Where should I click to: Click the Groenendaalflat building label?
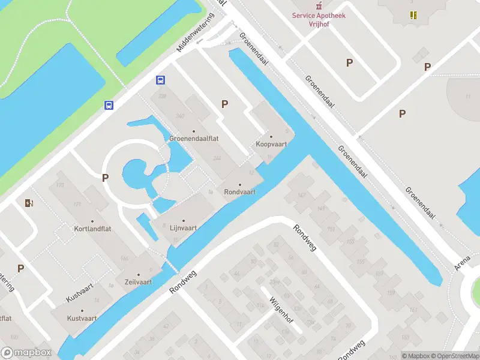pos(193,138)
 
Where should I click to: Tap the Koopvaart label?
pos(271,144)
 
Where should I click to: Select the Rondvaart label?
pos(240,192)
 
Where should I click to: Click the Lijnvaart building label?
pos(184,228)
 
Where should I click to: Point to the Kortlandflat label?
pos(92,229)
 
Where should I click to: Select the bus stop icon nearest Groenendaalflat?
pos(161,80)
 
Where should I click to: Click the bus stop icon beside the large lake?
pos(109,105)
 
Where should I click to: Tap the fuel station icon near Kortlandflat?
pos(29,203)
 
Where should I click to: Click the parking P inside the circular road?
pos(105,178)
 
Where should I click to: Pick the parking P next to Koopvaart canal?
pos(224,104)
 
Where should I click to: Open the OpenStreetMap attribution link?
pos(454,356)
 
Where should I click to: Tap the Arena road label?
pos(463,262)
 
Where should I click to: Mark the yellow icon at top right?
pos(413,15)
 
